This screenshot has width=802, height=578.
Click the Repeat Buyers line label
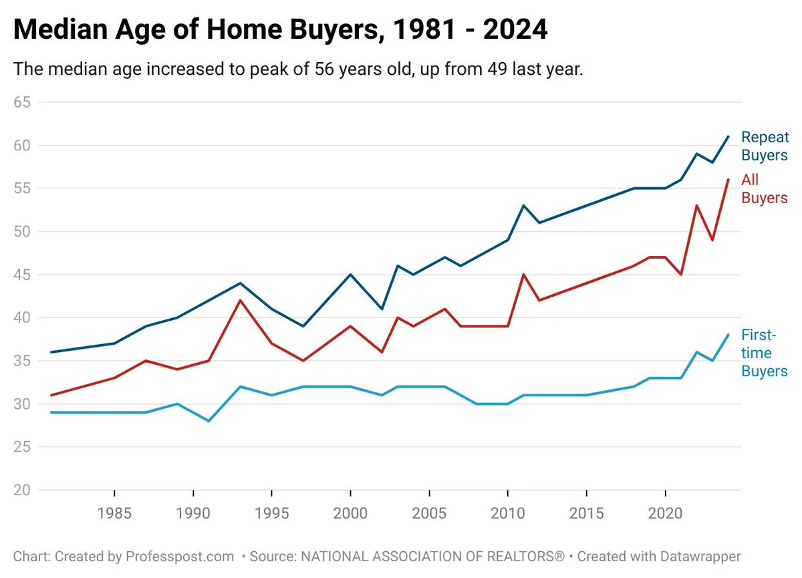click(765, 146)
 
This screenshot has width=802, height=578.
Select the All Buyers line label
click(765, 189)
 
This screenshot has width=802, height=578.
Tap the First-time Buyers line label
click(765, 353)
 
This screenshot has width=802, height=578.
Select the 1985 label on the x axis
click(114, 515)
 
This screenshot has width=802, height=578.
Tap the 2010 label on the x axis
click(508, 515)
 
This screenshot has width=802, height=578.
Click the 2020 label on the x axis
click(666, 515)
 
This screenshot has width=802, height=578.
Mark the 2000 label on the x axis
click(351, 515)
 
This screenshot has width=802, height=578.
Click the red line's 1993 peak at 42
click(240, 300)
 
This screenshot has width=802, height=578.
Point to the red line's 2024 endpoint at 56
click(728, 180)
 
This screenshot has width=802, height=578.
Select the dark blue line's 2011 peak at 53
click(524, 206)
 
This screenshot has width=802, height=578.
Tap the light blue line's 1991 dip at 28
click(209, 421)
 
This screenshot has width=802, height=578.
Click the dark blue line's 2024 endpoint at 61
click(728, 136)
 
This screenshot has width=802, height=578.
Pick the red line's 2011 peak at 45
click(524, 275)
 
